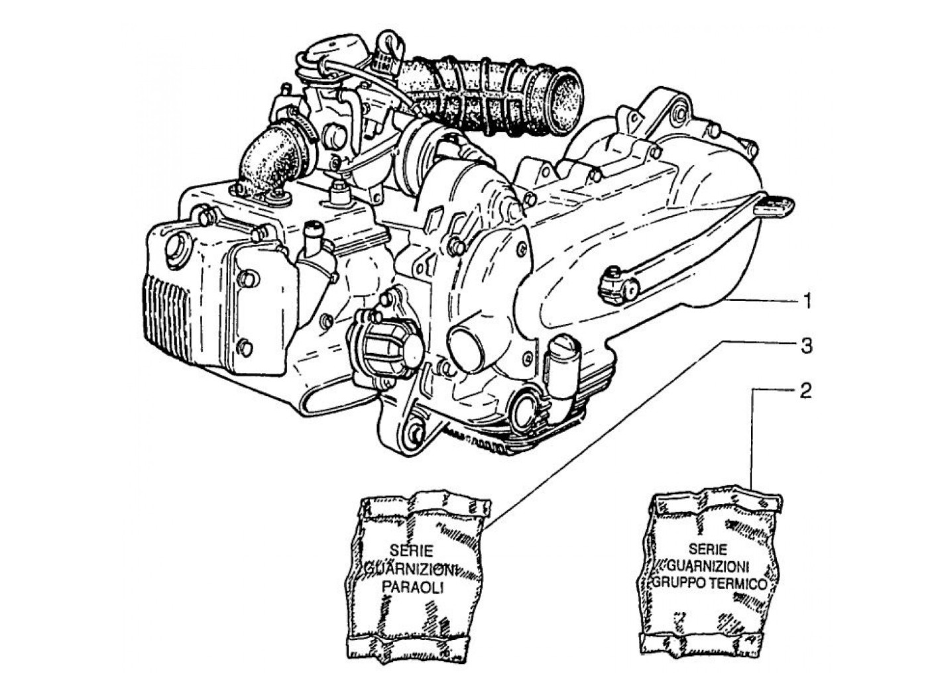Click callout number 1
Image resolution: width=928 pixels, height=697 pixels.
(x=807, y=302)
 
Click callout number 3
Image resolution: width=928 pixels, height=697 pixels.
(x=806, y=347)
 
